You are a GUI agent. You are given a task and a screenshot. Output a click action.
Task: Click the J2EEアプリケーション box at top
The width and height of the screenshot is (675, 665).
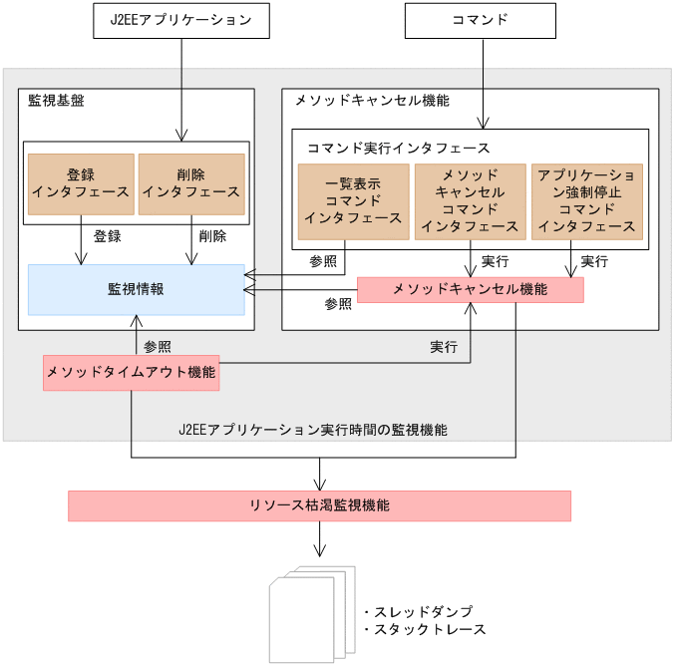click(180, 20)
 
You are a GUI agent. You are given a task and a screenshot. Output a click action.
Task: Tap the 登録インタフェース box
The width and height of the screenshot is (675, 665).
click(81, 184)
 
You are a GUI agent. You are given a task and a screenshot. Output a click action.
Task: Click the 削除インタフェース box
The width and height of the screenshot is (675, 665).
click(191, 184)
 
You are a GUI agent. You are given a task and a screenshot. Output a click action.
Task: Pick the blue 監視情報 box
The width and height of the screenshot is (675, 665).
click(136, 289)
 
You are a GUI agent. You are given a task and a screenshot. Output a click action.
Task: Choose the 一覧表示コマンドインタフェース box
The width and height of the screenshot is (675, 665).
click(353, 201)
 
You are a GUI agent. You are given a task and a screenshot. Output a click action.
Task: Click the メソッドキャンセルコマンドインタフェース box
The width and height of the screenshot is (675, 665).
click(470, 201)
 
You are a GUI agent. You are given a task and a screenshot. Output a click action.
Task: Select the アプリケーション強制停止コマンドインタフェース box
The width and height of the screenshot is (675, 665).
click(586, 201)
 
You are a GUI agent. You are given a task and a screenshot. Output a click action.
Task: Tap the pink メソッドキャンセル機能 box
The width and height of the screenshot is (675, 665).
click(470, 289)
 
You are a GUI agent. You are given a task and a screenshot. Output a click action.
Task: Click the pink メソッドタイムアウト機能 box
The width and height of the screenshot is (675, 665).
click(131, 372)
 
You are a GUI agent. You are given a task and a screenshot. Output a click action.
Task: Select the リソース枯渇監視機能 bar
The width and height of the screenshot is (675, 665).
click(319, 505)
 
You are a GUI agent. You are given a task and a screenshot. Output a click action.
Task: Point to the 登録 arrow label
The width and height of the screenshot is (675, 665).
click(107, 237)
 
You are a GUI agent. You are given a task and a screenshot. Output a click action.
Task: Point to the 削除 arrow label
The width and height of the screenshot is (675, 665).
click(212, 237)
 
